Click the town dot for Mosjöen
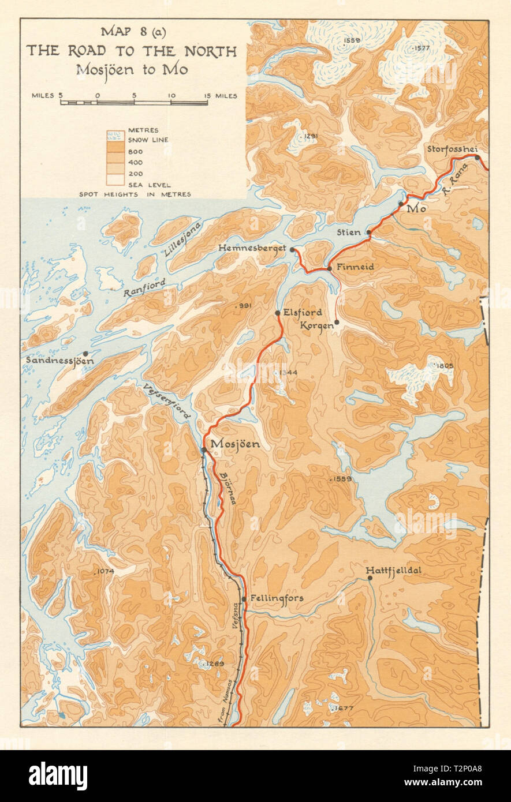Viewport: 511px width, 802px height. [x=204, y=449]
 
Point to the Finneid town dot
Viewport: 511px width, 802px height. [x=329, y=268]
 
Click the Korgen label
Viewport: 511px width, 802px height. [x=316, y=326]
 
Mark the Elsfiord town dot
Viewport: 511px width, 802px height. [x=278, y=313]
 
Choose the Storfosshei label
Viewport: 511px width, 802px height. [x=451, y=149]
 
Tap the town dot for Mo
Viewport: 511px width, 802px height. [x=401, y=204]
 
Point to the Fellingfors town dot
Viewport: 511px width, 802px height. [x=244, y=599]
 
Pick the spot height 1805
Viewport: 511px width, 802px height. [x=445, y=366]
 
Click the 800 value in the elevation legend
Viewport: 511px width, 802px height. [x=135, y=152]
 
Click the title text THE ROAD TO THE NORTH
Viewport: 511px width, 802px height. [x=131, y=51]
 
